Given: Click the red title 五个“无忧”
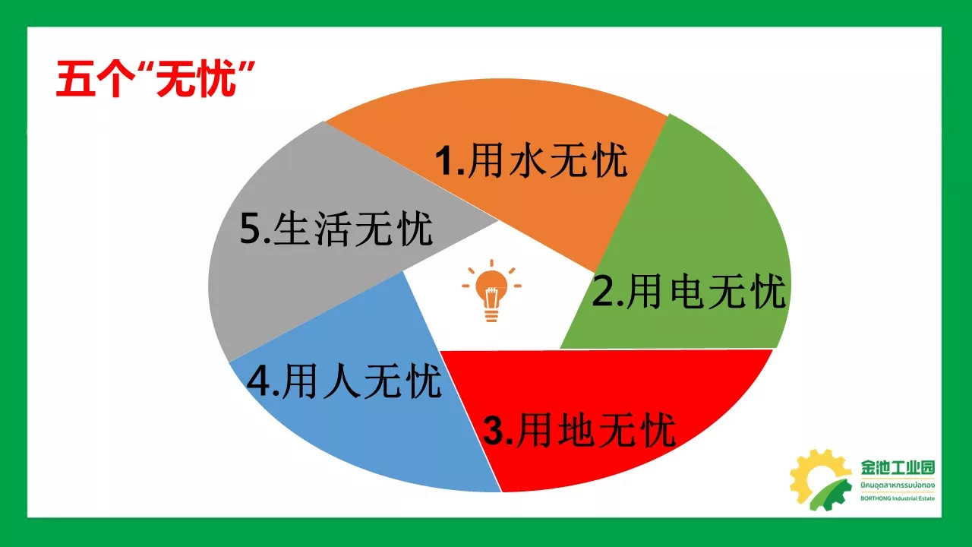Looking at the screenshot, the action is [155, 78].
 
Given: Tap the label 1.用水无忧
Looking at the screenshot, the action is [531, 160].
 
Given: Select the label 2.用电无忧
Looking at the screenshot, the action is [689, 291].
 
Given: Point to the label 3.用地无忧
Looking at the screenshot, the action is [579, 430].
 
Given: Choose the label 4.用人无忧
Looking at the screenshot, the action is [344, 381].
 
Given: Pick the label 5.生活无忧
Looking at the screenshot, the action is [336, 229].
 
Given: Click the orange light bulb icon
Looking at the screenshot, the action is [491, 290].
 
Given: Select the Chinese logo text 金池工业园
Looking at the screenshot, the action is [898, 467].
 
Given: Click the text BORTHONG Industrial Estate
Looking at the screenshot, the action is [898, 498].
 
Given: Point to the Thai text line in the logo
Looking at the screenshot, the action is [898, 485].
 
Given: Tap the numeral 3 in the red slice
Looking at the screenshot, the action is [494, 430].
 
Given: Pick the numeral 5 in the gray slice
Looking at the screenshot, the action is [251, 229].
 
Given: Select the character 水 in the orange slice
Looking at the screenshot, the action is [528, 160].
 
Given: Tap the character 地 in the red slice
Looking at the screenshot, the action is [576, 430].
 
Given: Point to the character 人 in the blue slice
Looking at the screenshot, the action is [342, 381].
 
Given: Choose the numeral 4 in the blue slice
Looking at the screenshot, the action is [258, 381].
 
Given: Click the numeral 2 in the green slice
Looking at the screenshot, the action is [602, 291].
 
